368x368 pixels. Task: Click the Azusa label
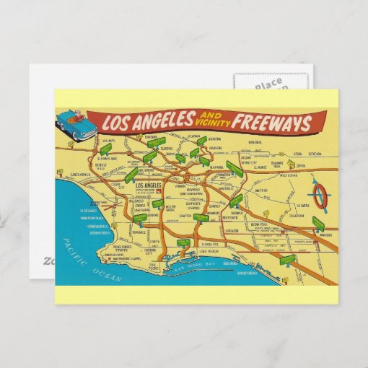pos(297,154)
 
